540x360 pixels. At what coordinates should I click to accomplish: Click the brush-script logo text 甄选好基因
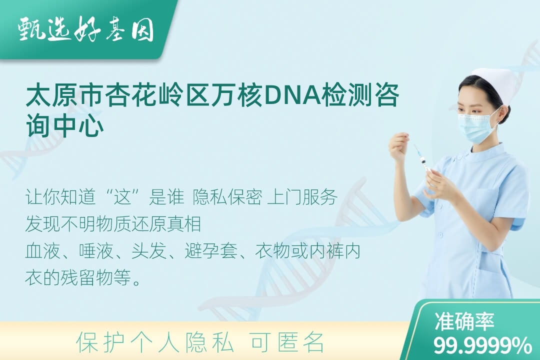pos(86,29)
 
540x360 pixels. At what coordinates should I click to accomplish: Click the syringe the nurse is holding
pos(422,159)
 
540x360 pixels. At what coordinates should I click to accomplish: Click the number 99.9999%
pos(482,345)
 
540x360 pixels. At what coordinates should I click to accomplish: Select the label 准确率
pos(464,321)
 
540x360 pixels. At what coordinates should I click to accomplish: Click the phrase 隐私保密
pos(227,197)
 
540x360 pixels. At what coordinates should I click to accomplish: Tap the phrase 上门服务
pos(302,197)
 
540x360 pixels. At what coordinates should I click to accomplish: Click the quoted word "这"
pos(123,197)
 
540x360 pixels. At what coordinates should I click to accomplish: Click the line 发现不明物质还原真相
pos(113,224)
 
